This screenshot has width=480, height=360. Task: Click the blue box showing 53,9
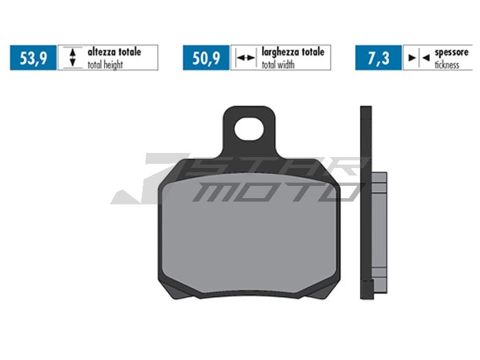point(33,58)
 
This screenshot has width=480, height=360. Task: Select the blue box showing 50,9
point(206,58)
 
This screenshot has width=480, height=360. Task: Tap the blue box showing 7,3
point(379,58)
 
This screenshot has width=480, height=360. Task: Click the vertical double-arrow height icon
point(73,57)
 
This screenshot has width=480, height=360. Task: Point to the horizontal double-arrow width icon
point(245,58)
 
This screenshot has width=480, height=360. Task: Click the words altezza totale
point(115,51)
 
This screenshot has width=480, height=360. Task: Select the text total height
point(105,64)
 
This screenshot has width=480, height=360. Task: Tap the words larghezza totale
point(293,51)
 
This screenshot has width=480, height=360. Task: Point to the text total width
point(278,64)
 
